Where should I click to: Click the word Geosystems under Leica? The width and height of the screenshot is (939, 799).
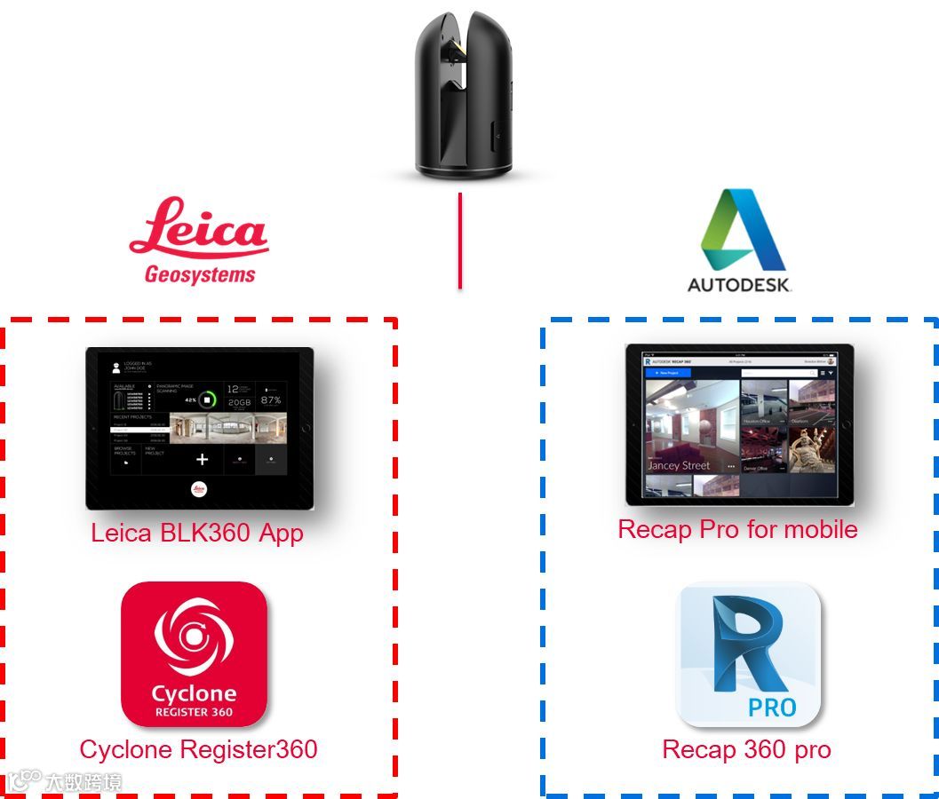(x=200, y=274)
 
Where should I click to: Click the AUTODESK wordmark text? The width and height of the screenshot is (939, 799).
(x=740, y=285)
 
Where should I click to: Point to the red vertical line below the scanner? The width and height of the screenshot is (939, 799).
(x=459, y=241)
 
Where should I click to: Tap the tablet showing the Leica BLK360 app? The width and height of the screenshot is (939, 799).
(x=200, y=428)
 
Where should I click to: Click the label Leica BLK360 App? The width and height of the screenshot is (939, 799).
(x=197, y=533)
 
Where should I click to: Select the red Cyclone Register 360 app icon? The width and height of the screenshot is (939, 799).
(x=194, y=653)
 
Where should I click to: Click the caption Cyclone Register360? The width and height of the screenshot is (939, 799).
(x=198, y=749)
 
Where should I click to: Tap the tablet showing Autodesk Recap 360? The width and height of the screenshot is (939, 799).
(x=739, y=424)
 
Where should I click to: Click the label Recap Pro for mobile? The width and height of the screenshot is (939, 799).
(x=737, y=529)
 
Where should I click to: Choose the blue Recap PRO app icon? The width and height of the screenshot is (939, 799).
(x=748, y=653)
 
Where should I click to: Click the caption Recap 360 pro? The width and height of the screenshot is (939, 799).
(x=746, y=749)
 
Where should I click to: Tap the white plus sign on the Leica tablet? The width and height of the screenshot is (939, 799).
(x=202, y=459)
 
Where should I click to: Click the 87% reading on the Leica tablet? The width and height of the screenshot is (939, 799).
(x=271, y=399)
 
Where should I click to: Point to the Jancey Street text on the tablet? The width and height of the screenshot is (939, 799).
(x=679, y=465)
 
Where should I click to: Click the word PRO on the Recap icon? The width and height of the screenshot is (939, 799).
(x=771, y=708)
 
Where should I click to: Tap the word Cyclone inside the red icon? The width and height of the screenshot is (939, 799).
(x=194, y=693)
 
